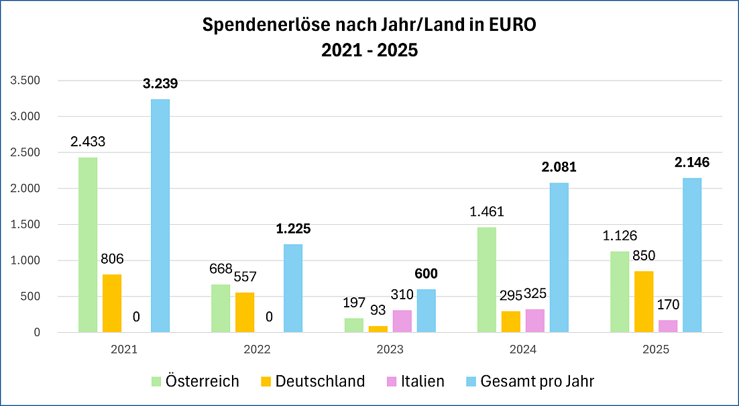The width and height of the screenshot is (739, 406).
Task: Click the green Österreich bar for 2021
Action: [x=88, y=245]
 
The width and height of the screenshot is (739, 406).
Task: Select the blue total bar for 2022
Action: [x=293, y=289]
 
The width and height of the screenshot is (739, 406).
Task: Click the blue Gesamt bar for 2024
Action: [x=559, y=258]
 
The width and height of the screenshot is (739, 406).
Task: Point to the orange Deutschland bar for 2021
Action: [x=112, y=303]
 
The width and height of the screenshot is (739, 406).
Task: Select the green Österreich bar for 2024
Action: [x=487, y=280]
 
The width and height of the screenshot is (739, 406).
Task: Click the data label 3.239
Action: [x=160, y=84]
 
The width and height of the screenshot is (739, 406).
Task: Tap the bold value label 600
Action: [x=426, y=274]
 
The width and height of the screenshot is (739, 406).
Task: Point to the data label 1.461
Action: [x=487, y=212]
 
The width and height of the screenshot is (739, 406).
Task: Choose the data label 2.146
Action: [x=692, y=162]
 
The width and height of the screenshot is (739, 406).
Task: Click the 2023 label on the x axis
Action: [x=390, y=350]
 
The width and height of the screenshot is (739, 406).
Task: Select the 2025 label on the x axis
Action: [x=656, y=350]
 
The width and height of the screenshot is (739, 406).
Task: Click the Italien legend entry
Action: [x=416, y=382]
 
